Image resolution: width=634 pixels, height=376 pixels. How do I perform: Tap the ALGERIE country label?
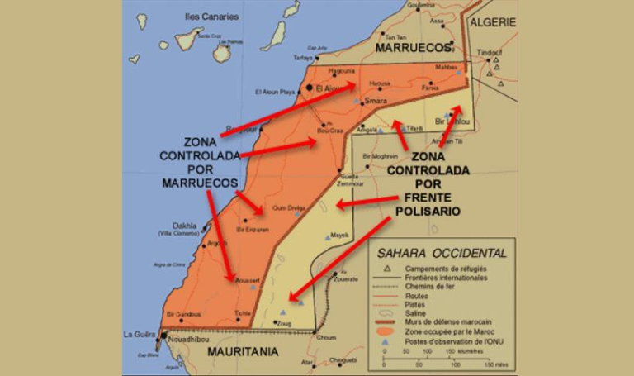click(x=492, y=23)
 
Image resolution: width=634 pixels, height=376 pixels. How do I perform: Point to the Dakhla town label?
click(x=185, y=225)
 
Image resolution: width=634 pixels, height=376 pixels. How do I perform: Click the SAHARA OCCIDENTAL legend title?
click(x=442, y=253)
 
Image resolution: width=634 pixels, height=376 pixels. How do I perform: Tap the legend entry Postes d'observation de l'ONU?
click(x=451, y=340)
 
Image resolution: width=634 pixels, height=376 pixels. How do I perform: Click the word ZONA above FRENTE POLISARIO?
click(x=428, y=156)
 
